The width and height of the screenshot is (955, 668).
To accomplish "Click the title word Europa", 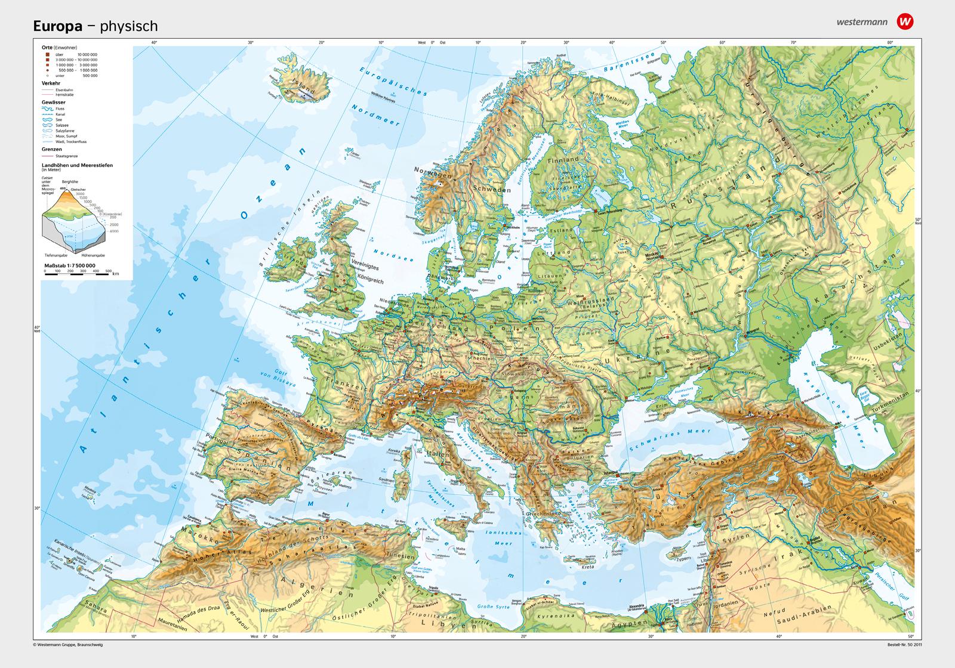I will coord(59,26).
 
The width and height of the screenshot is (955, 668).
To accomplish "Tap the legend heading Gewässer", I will coord(54,103).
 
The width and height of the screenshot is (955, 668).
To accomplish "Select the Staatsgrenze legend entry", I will coord(62,155).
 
